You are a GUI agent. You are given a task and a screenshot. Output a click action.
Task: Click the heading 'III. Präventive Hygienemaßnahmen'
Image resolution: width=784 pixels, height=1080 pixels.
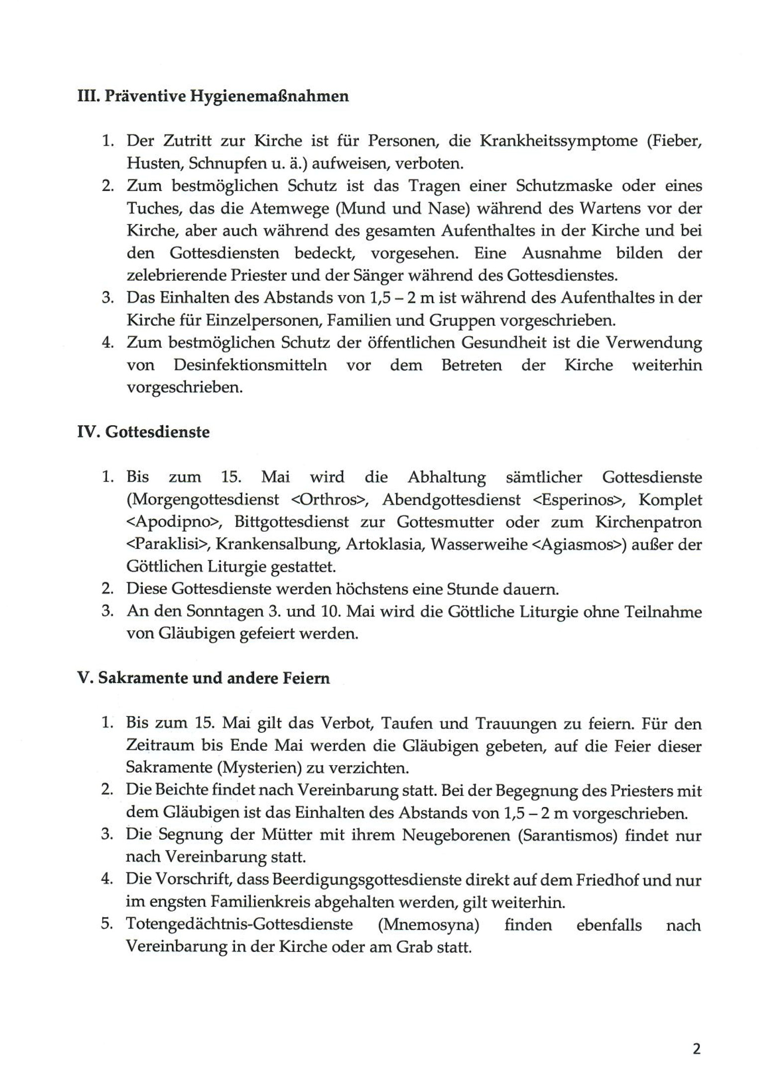click(213, 96)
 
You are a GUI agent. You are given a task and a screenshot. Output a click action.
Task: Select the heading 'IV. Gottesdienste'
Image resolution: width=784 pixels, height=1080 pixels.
click(143, 432)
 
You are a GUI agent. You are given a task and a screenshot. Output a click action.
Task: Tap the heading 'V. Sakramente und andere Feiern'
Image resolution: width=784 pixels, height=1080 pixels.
click(203, 678)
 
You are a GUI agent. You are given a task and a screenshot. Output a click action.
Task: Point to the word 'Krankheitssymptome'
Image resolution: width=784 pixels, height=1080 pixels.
click(559, 141)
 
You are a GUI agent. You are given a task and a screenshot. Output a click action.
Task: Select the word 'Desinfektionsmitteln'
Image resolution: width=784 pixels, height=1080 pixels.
click(250, 365)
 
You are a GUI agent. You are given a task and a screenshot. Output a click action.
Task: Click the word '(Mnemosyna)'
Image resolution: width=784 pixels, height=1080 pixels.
click(428, 925)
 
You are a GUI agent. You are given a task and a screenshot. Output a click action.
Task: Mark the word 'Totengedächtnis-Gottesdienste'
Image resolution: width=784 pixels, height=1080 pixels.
click(239, 925)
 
